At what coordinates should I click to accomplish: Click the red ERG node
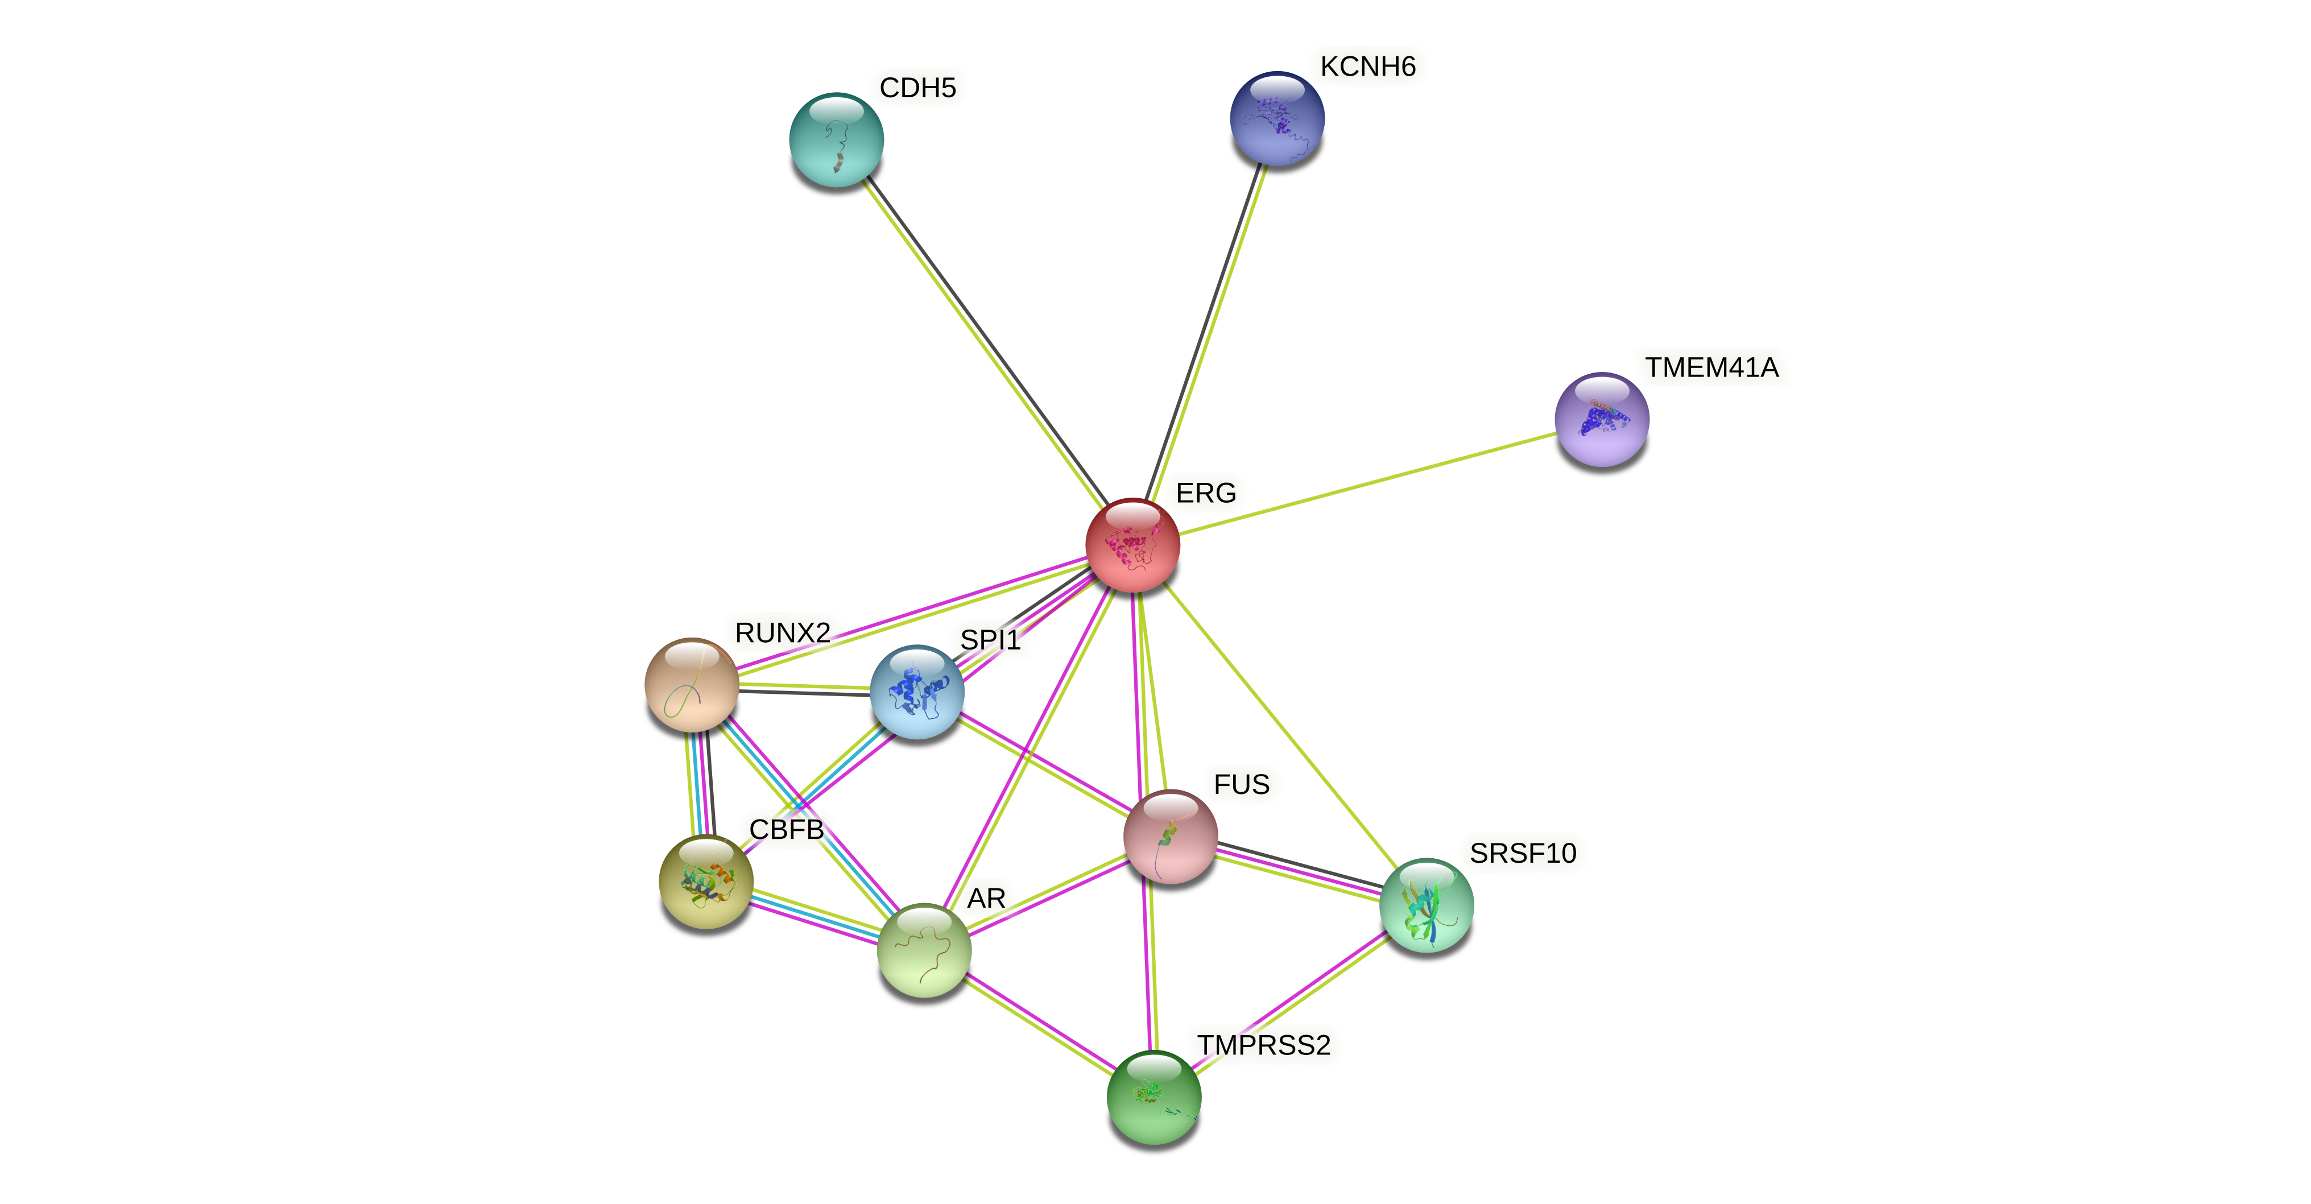(1132, 545)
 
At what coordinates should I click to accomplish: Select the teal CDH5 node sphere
(836, 140)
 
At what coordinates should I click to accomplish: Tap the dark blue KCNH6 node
(1276, 118)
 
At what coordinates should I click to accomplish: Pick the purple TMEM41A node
(1601, 419)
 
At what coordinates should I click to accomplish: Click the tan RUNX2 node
(692, 685)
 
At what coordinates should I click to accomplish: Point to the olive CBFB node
(706, 881)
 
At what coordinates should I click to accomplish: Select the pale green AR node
(923, 950)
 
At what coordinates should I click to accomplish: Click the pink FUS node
(1170, 836)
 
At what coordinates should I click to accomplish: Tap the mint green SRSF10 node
(1425, 904)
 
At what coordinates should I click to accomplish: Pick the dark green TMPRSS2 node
(1154, 1097)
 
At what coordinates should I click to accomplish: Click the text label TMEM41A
(1711, 368)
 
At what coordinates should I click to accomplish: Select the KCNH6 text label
(1367, 67)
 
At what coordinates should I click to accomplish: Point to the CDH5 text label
(917, 88)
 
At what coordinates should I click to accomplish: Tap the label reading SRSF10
(1523, 853)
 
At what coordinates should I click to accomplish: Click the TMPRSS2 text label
(1263, 1045)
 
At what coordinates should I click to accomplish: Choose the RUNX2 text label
(782, 634)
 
